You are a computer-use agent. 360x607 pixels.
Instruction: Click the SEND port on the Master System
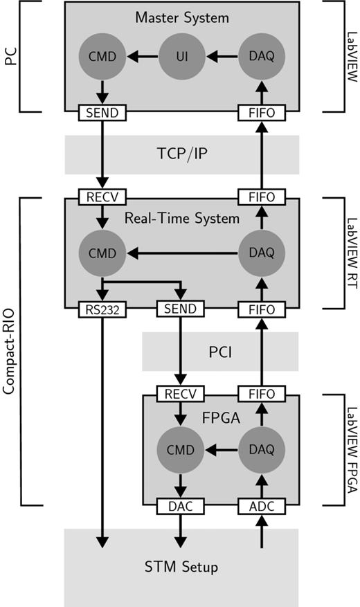pos(102,111)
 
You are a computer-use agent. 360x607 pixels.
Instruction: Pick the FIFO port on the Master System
pos(262,111)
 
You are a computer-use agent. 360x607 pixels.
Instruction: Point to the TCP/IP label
pos(181,154)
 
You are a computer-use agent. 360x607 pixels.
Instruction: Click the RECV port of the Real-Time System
pos(102,197)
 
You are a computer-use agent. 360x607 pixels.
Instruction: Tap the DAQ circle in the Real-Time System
pos(262,254)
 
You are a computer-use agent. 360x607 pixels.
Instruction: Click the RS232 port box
pos(102,309)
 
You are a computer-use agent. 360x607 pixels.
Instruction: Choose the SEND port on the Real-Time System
pos(181,309)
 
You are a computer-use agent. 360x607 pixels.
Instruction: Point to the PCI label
pos(220,351)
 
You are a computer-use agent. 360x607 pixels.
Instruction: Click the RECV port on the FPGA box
pos(181,394)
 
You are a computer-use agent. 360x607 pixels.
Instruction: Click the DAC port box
pos(181,506)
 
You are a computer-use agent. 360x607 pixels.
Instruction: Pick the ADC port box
pos(262,506)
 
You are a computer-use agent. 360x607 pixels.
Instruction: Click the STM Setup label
pos(181,568)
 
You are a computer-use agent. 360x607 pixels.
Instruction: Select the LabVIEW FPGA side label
pos(350,450)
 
